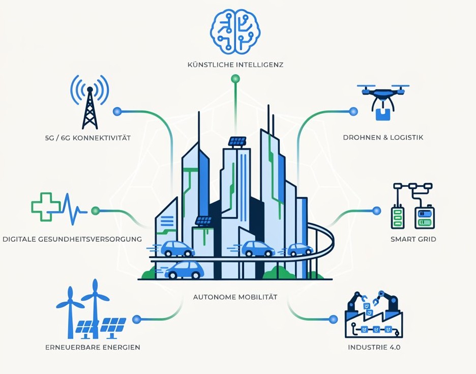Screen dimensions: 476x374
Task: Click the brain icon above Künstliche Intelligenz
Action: point(235,31)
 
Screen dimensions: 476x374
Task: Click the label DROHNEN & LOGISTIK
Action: point(383,137)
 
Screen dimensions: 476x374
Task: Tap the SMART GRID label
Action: point(413,239)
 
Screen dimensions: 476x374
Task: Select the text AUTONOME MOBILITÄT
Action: point(235,297)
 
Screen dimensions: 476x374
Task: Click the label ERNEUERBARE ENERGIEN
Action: point(93,347)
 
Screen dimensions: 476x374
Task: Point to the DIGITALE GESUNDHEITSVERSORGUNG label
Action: point(72,239)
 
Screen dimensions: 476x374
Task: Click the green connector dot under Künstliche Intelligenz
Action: point(235,79)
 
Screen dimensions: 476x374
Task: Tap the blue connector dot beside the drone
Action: point(353,111)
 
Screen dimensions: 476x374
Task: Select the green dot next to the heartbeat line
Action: point(95,210)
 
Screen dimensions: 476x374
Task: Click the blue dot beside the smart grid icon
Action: point(376,211)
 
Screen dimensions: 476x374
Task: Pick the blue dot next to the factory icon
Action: point(333,319)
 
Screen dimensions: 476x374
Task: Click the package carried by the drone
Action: point(383,114)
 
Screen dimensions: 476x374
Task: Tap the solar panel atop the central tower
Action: point(237,141)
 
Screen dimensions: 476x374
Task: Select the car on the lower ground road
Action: point(184,270)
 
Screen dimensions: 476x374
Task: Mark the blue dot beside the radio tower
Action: point(117,111)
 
